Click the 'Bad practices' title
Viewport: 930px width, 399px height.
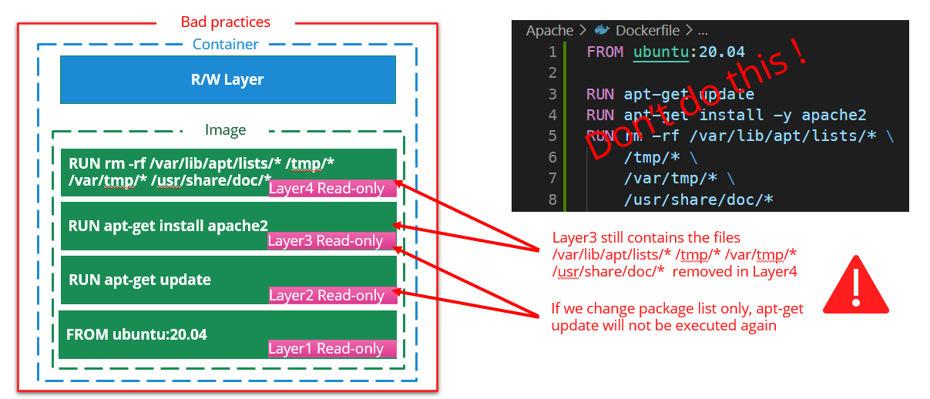(x=225, y=22)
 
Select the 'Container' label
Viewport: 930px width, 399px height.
(x=225, y=45)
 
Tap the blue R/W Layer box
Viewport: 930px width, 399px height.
(x=227, y=79)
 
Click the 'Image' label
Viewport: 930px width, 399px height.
(x=225, y=130)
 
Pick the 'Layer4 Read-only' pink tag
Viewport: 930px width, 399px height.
(x=332, y=189)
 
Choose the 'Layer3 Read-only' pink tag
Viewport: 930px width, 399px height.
(x=331, y=241)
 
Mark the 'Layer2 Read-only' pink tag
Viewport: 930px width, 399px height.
(x=332, y=295)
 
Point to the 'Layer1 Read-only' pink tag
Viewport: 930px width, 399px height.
(x=331, y=349)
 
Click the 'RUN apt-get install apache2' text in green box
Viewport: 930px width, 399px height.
(x=168, y=226)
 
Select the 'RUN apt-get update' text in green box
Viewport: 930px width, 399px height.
(x=139, y=280)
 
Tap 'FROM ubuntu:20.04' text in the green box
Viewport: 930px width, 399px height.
(x=136, y=334)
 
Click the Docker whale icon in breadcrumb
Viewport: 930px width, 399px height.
(x=603, y=31)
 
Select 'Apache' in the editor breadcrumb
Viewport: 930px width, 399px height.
(x=549, y=31)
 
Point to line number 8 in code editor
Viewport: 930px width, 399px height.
(x=552, y=200)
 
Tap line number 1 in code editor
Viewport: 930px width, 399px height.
(x=552, y=52)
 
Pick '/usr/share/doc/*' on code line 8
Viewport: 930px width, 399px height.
(x=698, y=200)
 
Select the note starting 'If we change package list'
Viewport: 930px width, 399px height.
(x=677, y=317)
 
